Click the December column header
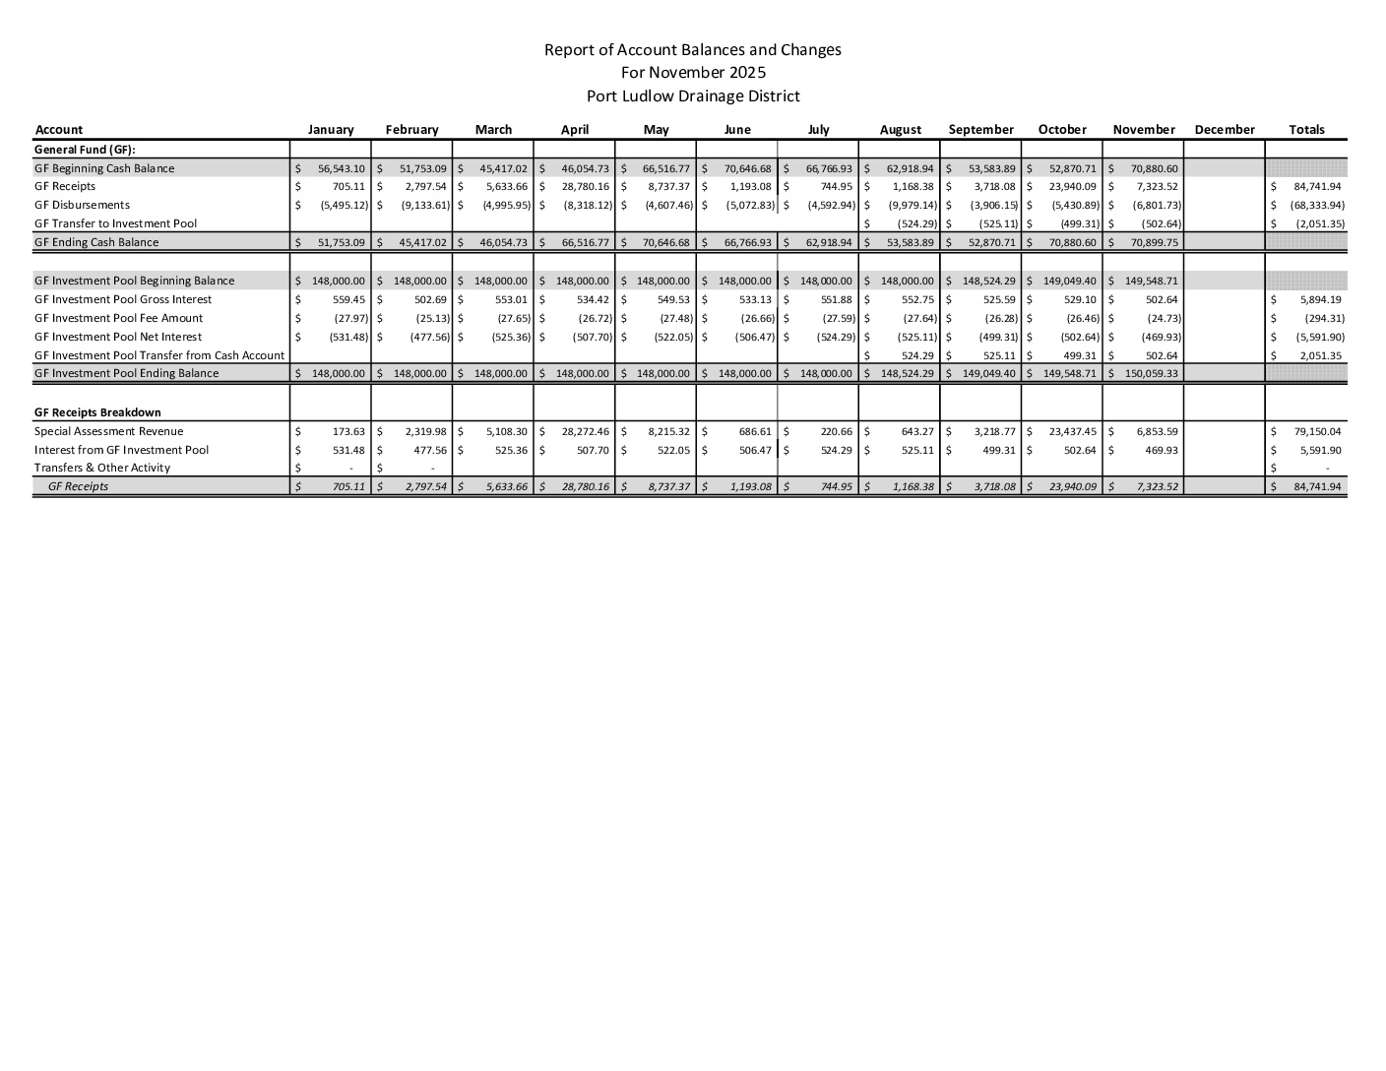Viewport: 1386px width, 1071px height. [x=1224, y=130]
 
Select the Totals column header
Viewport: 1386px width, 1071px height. [x=1306, y=130]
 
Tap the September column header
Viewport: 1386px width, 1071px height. [x=980, y=130]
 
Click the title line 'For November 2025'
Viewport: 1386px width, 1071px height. [x=693, y=73]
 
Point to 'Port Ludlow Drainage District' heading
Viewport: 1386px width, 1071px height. [x=693, y=96]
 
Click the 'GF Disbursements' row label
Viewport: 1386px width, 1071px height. [x=82, y=205]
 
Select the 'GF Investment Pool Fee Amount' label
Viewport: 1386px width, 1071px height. [x=118, y=318]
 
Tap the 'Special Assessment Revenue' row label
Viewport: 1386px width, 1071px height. [x=108, y=431]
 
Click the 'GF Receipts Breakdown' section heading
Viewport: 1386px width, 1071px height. [x=97, y=412]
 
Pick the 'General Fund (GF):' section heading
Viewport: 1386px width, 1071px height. [x=85, y=150]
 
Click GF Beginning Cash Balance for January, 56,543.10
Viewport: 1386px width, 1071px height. [x=342, y=168]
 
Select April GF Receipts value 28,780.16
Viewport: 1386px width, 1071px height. [x=586, y=186]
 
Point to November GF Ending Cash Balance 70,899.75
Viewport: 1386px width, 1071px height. [x=1154, y=242]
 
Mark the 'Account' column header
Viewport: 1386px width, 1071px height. [x=59, y=130]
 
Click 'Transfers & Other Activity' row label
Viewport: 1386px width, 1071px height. [x=102, y=468]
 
